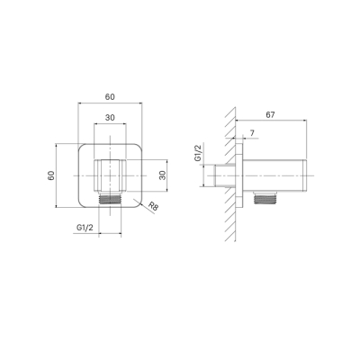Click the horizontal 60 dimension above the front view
tap(110, 97)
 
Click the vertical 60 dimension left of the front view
tap(51, 175)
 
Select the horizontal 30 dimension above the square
tap(110, 118)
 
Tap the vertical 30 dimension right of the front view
tap(162, 175)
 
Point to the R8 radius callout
tap(153, 206)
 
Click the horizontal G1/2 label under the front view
tap(85, 228)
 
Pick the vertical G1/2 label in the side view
tap(198, 154)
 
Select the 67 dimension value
tap(270, 114)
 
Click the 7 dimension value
tap(252, 133)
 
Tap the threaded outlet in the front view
tap(110, 200)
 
